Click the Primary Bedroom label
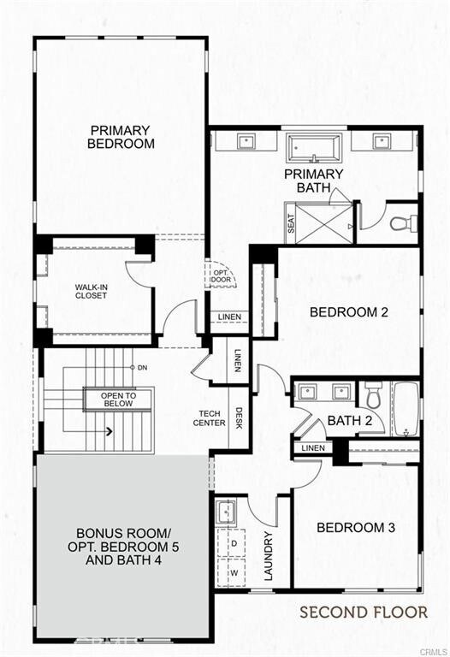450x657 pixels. (x=121, y=137)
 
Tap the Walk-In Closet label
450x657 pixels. (x=91, y=291)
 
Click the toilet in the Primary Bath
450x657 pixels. (x=402, y=223)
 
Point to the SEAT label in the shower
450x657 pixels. (x=291, y=224)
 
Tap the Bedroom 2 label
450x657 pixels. (x=349, y=311)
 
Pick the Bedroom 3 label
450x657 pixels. (x=356, y=527)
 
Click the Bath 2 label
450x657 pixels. (x=349, y=420)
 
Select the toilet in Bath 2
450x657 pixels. (x=373, y=394)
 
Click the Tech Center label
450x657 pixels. (x=208, y=418)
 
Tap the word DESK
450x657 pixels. (x=240, y=417)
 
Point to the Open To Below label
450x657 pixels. (x=119, y=400)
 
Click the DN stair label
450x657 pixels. (x=142, y=368)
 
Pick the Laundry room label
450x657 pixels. (x=268, y=556)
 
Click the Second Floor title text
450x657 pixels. (x=363, y=612)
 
